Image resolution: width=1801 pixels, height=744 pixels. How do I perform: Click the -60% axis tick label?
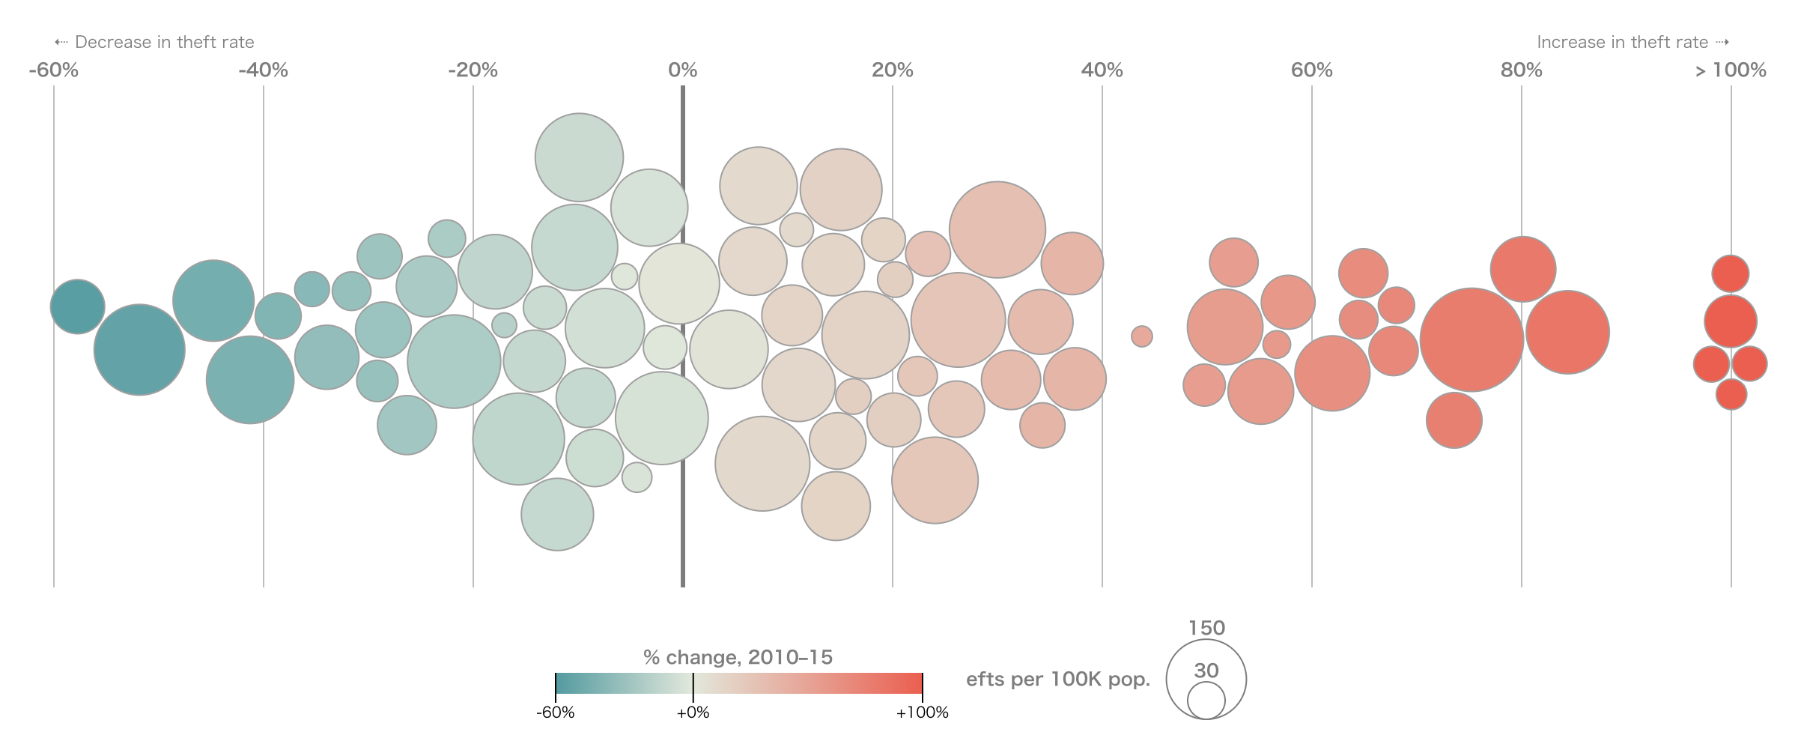point(53,70)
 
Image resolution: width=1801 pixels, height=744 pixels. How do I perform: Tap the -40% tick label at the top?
point(263,70)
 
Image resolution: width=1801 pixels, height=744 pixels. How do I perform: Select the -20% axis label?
point(473,70)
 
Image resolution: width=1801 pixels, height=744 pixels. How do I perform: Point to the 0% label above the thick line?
point(682,70)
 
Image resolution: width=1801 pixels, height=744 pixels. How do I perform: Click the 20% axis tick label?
point(892,70)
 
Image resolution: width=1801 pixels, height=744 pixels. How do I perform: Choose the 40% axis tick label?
point(1102,70)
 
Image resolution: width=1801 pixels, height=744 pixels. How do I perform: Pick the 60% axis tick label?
point(1311,70)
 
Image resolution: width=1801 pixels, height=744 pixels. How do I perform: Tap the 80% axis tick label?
point(1521,70)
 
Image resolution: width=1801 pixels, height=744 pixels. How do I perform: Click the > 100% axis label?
point(1731,70)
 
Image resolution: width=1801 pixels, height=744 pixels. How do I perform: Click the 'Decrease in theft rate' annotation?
point(164,43)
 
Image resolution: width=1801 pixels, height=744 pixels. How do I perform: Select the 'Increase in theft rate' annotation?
point(1622,43)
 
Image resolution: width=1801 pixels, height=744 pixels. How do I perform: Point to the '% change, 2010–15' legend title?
point(738,658)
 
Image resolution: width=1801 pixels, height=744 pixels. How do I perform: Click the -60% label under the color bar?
point(555,713)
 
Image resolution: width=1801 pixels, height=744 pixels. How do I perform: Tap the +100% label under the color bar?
point(922,713)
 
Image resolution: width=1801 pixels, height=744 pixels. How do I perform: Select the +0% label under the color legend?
point(693,713)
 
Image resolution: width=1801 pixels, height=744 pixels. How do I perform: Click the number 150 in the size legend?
point(1206,628)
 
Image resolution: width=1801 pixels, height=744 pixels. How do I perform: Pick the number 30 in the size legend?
point(1206,671)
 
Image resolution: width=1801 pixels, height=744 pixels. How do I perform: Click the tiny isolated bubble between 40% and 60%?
point(1141,336)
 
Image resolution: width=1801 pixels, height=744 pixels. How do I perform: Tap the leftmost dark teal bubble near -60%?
point(78,306)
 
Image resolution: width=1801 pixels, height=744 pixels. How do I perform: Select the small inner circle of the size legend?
point(1206,702)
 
